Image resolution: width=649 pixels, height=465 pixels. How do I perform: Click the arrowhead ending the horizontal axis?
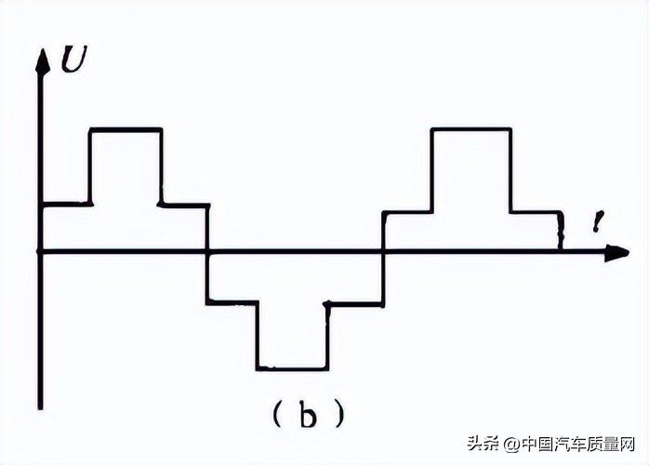tap(616, 252)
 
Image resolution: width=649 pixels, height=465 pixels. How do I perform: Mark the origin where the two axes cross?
tap(41, 251)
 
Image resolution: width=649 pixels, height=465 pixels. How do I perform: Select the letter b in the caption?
tap(308, 414)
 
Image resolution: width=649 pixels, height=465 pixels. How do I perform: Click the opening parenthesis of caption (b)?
tap(277, 415)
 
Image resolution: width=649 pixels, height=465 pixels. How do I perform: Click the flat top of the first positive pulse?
tap(126, 129)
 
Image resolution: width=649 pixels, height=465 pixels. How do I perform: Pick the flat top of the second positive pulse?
tap(470, 129)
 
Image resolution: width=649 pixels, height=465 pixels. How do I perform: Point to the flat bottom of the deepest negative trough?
tap(292, 369)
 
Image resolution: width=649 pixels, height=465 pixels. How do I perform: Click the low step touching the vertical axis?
tap(65, 203)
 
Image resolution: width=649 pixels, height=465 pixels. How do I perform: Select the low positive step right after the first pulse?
tap(183, 204)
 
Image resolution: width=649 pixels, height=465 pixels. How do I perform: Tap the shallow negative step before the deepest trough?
tap(232, 301)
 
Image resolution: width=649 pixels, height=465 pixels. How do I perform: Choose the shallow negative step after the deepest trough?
tap(354, 303)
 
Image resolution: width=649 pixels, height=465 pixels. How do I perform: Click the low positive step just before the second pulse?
tap(407, 213)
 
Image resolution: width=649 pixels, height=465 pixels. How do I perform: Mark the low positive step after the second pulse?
tap(536, 212)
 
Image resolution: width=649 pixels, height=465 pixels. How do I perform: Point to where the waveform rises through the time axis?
tap(383, 251)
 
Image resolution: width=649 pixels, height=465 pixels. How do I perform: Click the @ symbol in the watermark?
tap(509, 444)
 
